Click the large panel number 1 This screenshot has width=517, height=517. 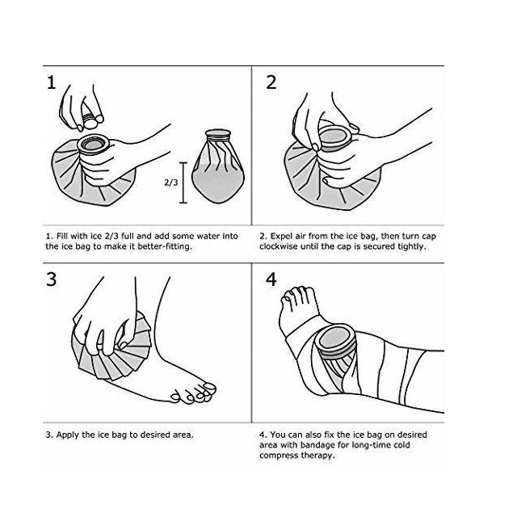pos(52,82)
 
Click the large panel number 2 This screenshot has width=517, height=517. pos(271,82)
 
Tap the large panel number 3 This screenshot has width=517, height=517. pos(52,280)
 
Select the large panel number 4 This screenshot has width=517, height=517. pos(271,280)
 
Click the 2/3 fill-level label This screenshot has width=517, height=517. pos(171,183)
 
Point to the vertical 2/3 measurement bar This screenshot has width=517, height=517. pos(183,183)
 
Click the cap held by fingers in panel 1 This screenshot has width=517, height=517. pos(90,120)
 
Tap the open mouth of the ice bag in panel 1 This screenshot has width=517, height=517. pos(93,144)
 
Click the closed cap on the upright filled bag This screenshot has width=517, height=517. pos(217,135)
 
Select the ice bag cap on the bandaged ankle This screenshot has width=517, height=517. pos(334,341)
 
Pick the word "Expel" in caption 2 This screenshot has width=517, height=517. pos(280,237)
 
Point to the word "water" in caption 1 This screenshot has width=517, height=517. pos(208,237)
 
